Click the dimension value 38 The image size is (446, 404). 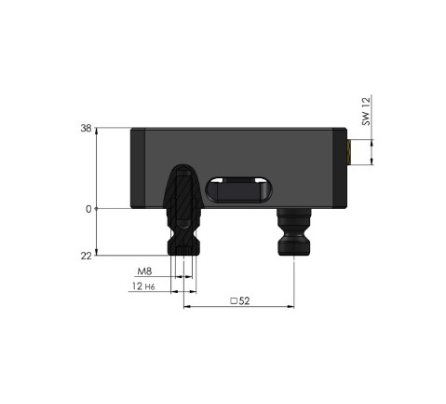[86, 130]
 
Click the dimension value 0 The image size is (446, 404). [88, 209]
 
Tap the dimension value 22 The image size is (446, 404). [86, 256]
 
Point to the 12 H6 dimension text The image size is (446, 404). [144, 288]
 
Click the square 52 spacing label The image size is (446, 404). [240, 300]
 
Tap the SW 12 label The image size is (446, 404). [366, 112]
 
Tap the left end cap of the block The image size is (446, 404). [138, 168]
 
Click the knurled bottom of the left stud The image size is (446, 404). [184, 246]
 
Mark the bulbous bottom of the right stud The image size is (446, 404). [294, 247]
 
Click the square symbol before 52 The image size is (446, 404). [233, 300]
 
